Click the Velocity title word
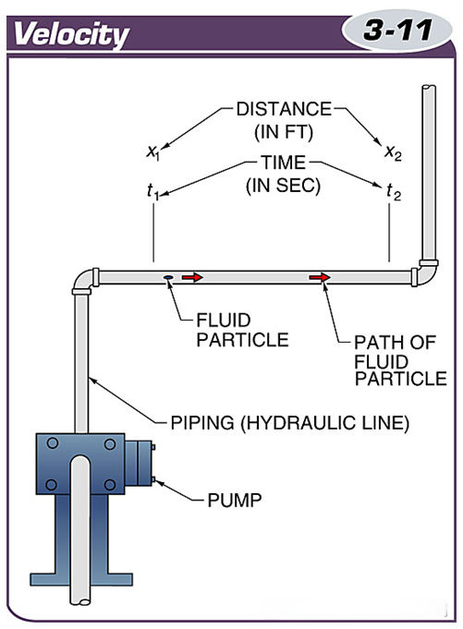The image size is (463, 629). coord(71,34)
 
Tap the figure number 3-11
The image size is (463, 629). coord(397,30)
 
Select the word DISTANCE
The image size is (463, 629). coord(284,109)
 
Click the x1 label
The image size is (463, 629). coord(152,152)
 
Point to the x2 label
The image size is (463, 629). coord(393,152)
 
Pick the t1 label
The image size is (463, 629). coord(152,192)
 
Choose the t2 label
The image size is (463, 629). coord(394,192)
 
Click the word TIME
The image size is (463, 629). coord(284,163)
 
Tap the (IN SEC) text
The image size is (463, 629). coord(284,186)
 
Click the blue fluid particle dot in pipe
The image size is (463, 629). coord(168,277)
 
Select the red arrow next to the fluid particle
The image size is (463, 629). coord(193,277)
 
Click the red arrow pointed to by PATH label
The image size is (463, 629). coord(320,277)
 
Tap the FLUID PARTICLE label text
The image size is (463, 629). coord(242,330)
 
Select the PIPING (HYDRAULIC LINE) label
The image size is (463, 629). coord(290,423)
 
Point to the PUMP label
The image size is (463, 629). coord(235,501)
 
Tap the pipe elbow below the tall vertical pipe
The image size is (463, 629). coord(426,272)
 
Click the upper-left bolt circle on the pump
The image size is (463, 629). coord(53,443)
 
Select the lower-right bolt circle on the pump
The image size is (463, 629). coord(110,485)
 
